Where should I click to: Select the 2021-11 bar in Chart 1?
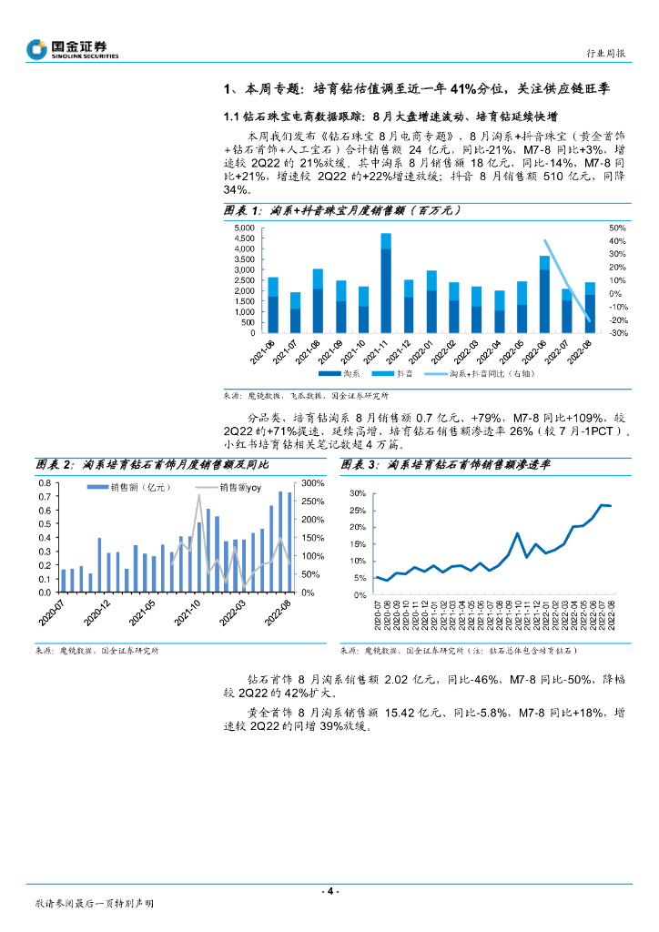pos(386,283)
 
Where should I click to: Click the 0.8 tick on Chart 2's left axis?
pos(44,497)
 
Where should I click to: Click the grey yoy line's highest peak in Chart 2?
pos(199,495)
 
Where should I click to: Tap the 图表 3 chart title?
pos(446,464)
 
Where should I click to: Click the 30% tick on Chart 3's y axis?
pos(359,493)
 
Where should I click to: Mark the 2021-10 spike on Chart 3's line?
pos(517,533)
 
